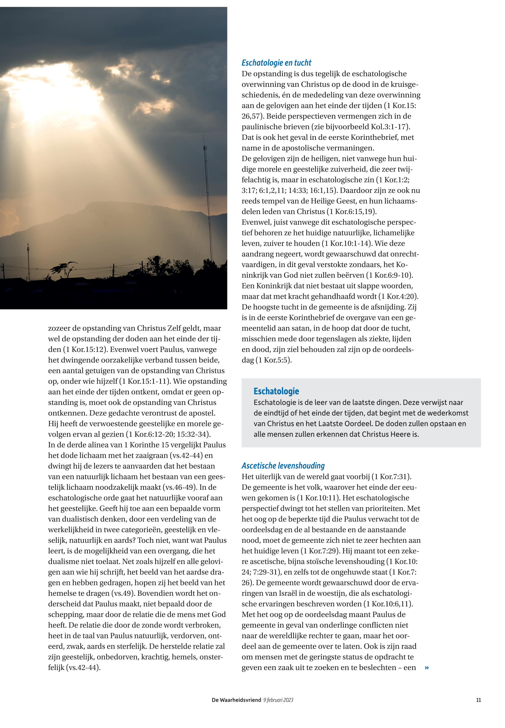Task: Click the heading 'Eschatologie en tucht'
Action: click(x=276, y=63)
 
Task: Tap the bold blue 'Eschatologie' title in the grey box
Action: click(x=276, y=391)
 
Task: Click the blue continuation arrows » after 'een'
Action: click(x=427, y=668)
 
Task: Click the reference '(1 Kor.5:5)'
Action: click(x=273, y=360)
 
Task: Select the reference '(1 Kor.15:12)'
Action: click(x=81, y=349)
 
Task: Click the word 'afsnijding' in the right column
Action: click(x=388, y=307)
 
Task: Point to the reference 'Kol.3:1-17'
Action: click(x=390, y=127)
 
